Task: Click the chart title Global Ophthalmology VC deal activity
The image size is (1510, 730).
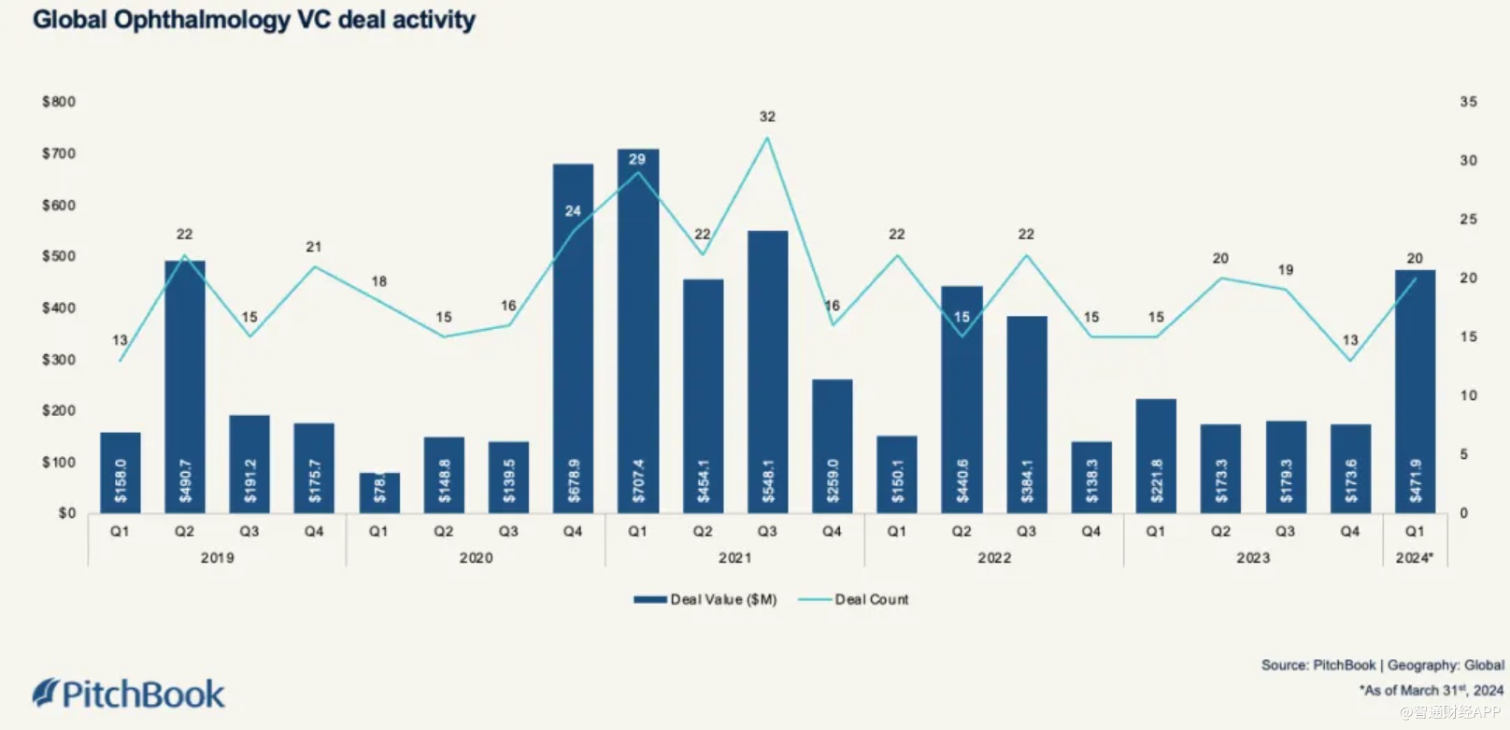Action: (254, 20)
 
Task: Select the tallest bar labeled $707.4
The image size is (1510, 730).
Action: (637, 332)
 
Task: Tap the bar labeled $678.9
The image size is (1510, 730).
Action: (573, 338)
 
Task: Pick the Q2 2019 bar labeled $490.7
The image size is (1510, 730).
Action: (185, 387)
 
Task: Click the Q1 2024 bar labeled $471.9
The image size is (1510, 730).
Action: (1415, 392)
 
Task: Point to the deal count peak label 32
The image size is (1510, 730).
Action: (767, 117)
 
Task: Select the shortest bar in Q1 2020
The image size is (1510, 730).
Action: (379, 493)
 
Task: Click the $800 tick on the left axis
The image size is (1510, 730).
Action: (59, 102)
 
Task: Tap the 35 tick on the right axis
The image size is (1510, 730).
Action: (1469, 102)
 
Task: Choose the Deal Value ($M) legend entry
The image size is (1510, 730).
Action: (706, 599)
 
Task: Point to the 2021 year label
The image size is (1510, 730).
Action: (734, 558)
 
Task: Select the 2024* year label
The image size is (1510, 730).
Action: (1415, 558)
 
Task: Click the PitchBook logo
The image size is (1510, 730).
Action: (129, 694)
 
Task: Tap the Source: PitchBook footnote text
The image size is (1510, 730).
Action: (1382, 666)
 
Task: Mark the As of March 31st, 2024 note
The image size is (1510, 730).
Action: (1431, 691)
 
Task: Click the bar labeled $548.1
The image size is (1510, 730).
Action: (767, 372)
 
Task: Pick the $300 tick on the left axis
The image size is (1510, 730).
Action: (59, 360)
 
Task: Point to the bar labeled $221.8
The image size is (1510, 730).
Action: (1156, 456)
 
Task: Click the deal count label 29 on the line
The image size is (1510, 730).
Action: (637, 160)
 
